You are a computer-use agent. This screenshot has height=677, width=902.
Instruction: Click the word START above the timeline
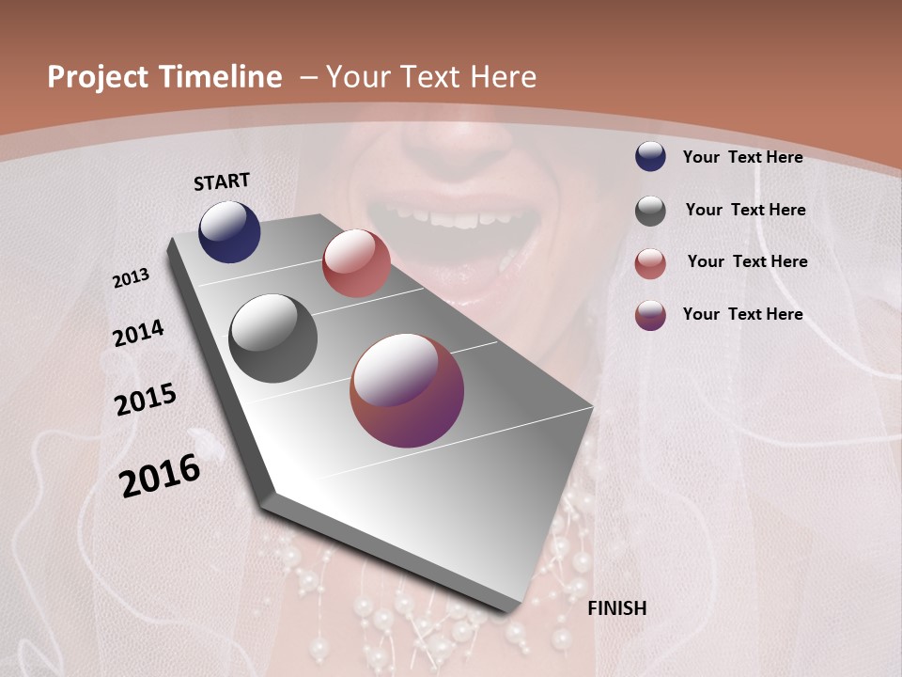(x=222, y=181)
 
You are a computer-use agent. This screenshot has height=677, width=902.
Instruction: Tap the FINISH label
(x=616, y=608)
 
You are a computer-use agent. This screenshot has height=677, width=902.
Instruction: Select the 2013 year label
(x=132, y=278)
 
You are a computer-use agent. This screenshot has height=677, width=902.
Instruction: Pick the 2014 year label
(x=138, y=333)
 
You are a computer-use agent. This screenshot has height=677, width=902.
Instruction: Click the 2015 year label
(x=146, y=400)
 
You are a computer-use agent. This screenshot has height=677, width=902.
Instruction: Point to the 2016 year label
(x=160, y=475)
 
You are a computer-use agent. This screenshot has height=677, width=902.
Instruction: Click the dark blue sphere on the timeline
(x=229, y=231)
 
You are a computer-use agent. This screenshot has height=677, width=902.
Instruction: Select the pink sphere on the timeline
(x=356, y=262)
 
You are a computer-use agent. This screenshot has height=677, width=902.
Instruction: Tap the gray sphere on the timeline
(x=272, y=338)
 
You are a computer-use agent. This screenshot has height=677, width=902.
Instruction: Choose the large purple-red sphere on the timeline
(x=407, y=390)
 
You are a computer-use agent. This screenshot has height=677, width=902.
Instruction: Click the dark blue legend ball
(x=650, y=156)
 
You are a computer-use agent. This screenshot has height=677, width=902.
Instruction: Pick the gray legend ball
(x=650, y=211)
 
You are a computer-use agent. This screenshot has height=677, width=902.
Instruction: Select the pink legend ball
(x=650, y=263)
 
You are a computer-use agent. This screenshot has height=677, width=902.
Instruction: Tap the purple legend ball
(x=650, y=315)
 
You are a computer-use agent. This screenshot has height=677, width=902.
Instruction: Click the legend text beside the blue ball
(x=742, y=157)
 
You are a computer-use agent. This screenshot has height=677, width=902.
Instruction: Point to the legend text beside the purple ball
(x=742, y=314)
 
